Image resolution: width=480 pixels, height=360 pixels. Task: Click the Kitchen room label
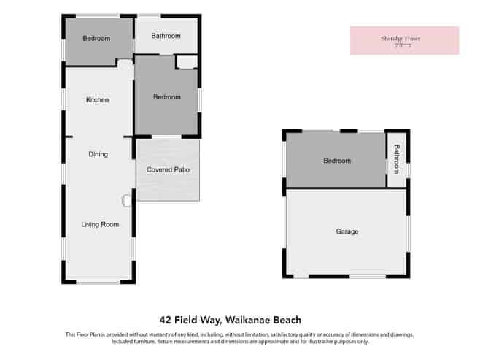tap(97, 100)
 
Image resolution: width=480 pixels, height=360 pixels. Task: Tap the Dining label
tap(98, 154)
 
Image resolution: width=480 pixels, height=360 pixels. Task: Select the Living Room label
tap(99, 224)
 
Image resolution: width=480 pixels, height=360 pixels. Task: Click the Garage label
tap(347, 231)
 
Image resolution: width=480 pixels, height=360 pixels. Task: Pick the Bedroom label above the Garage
tap(336, 161)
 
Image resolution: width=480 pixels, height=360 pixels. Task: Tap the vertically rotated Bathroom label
tap(397, 158)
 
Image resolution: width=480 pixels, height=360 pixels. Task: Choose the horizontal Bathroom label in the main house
tap(166, 36)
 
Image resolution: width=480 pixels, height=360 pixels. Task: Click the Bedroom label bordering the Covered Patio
tap(166, 97)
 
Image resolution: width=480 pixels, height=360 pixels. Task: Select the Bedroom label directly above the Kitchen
tap(96, 39)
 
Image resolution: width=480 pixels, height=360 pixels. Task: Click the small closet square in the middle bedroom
tap(186, 62)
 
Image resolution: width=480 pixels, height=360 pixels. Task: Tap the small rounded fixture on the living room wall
tap(126, 199)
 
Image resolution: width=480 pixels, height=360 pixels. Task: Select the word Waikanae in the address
tap(250, 320)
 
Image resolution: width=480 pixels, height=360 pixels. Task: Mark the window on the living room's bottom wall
tap(98, 281)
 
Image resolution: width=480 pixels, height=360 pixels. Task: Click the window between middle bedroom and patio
tap(166, 137)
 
